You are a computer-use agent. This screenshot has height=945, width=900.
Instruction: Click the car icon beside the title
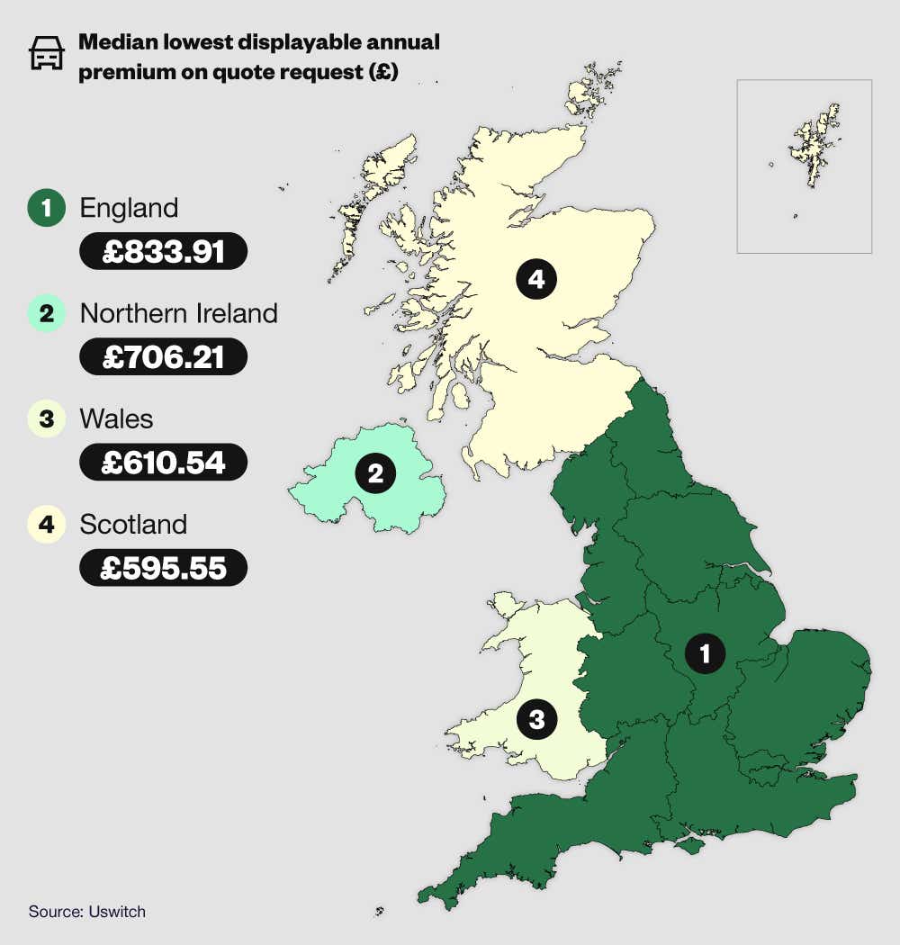(x=47, y=54)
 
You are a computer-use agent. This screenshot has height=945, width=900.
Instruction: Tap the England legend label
(x=129, y=208)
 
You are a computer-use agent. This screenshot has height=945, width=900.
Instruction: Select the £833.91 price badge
(x=163, y=251)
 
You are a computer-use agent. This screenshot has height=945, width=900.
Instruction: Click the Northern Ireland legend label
(x=178, y=313)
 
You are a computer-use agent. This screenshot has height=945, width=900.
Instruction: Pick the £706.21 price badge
(x=163, y=356)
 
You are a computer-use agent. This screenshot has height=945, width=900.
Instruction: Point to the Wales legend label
(x=116, y=418)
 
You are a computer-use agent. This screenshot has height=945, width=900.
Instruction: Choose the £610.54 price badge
(x=163, y=462)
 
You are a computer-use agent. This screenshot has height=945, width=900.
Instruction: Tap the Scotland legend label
(x=133, y=524)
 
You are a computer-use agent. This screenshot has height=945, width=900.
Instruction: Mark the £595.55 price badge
(x=163, y=568)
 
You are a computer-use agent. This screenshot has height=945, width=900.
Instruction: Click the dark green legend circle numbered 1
(x=46, y=209)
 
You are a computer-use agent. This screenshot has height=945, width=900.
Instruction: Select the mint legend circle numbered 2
(x=46, y=314)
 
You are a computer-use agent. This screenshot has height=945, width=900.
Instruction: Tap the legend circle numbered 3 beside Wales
(x=46, y=419)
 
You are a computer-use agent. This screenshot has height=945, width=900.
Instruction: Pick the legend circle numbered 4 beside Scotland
(x=46, y=525)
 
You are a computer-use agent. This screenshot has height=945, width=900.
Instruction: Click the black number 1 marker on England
(x=705, y=652)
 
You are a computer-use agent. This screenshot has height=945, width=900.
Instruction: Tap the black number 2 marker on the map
(x=375, y=473)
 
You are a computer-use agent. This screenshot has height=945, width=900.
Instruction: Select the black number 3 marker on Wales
(x=536, y=719)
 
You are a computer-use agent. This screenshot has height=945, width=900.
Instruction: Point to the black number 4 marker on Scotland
(x=536, y=279)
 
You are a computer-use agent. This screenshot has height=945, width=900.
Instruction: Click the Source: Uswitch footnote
(x=87, y=912)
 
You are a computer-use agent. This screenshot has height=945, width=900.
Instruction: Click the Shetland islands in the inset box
(x=815, y=144)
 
